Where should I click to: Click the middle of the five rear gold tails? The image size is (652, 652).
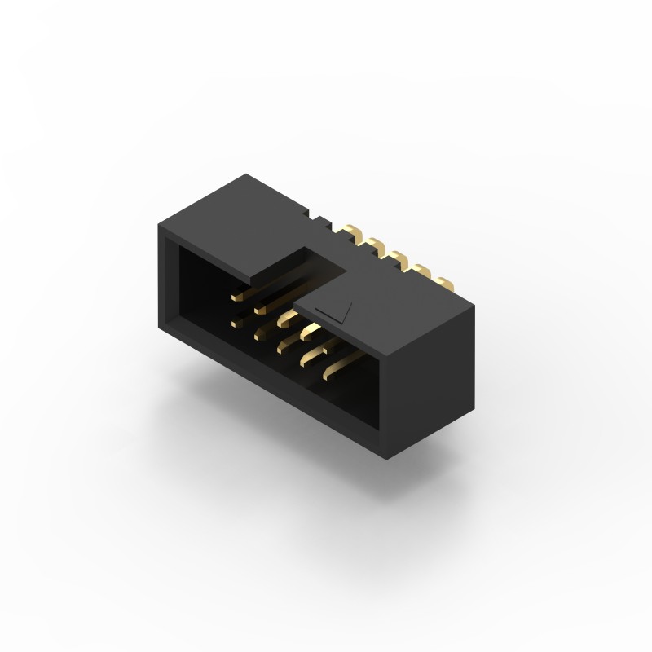coord(399,258)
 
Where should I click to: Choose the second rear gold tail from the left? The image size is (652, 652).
coord(375,244)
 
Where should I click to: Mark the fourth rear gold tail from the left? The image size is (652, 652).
coord(421,271)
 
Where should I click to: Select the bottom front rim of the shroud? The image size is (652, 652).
coord(269,399)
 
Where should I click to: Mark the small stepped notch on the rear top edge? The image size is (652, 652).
coord(318,217)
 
